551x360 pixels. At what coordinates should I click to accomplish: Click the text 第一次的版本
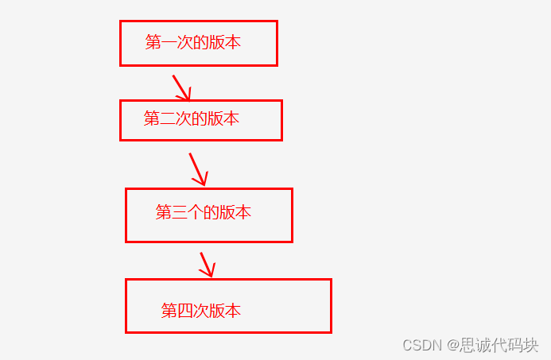tap(193, 43)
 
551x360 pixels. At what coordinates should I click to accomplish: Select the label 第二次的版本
tap(192, 119)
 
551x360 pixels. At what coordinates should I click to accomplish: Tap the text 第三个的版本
tap(204, 212)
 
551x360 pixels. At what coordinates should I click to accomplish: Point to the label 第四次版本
tap(201, 311)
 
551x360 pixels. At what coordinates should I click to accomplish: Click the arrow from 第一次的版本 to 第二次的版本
tap(180, 87)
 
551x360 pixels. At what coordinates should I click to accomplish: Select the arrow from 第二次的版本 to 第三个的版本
tap(198, 168)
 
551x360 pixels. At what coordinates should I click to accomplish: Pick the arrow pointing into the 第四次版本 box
tap(207, 265)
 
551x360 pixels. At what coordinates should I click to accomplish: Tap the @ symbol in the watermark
tap(451, 345)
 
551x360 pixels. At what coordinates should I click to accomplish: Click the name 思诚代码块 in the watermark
tap(499, 345)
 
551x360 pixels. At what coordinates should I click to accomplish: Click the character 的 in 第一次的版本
tap(201, 43)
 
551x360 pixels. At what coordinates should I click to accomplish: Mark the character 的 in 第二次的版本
tap(200, 119)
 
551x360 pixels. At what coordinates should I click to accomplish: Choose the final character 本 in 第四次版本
tap(233, 311)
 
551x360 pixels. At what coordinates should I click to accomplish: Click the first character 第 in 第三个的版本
tap(164, 212)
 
